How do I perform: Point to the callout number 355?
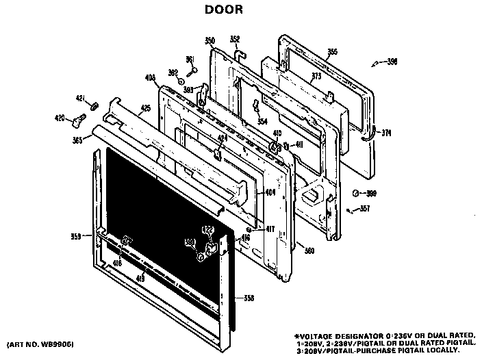(x=332, y=51)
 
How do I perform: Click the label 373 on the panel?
(x=316, y=76)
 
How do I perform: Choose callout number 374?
(x=387, y=133)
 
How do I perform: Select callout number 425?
(x=145, y=107)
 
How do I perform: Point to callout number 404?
(x=270, y=193)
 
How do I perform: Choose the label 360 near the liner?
(x=309, y=250)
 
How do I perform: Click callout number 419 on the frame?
(x=140, y=277)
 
